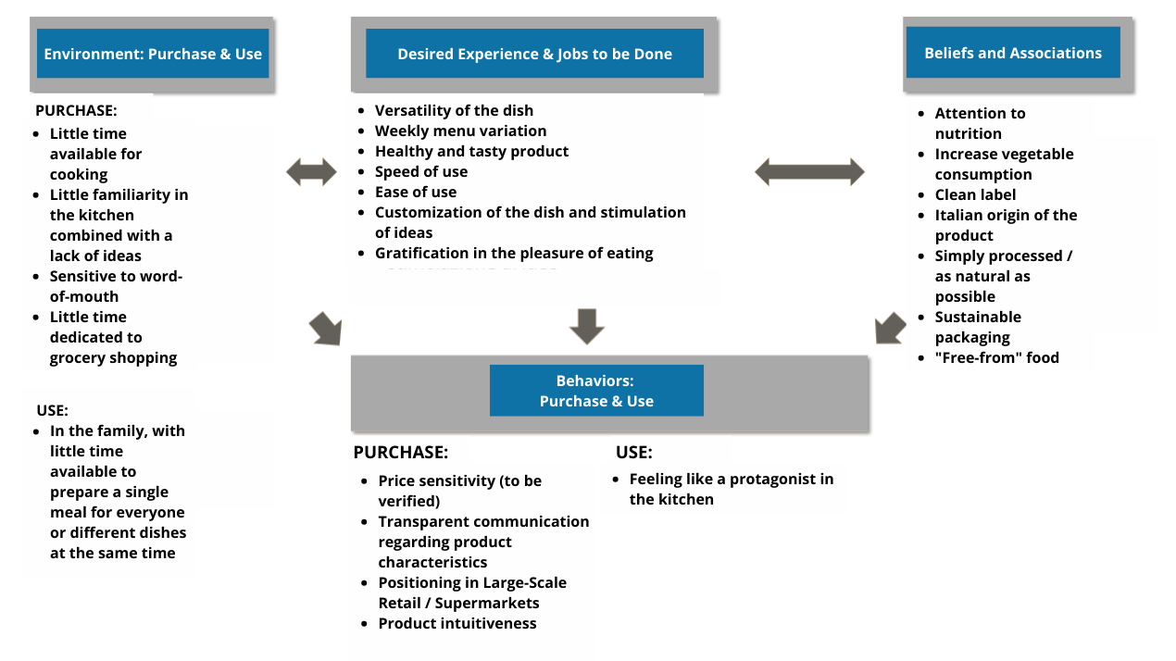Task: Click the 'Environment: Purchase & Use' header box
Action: (153, 54)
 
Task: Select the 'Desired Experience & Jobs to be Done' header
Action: (534, 54)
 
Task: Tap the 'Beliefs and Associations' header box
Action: (1013, 53)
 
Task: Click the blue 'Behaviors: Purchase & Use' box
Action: (596, 391)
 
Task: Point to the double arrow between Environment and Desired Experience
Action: (311, 171)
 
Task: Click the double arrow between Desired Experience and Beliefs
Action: (809, 171)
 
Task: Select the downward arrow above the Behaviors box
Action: (586, 326)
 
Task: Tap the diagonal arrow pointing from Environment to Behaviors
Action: (326, 329)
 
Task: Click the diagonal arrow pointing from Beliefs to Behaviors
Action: (890, 328)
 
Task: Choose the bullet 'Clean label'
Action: (975, 194)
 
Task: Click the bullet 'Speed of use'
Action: (421, 171)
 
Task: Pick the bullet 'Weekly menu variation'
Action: (460, 131)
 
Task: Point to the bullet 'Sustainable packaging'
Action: (978, 327)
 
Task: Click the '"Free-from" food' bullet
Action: (996, 357)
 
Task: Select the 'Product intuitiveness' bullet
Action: (457, 623)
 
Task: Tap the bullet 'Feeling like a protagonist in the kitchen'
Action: (731, 489)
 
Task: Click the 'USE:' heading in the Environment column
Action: (53, 409)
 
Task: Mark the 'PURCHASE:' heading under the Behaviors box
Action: (401, 453)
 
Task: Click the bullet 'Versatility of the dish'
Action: (454, 110)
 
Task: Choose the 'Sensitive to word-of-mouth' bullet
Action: (116, 286)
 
